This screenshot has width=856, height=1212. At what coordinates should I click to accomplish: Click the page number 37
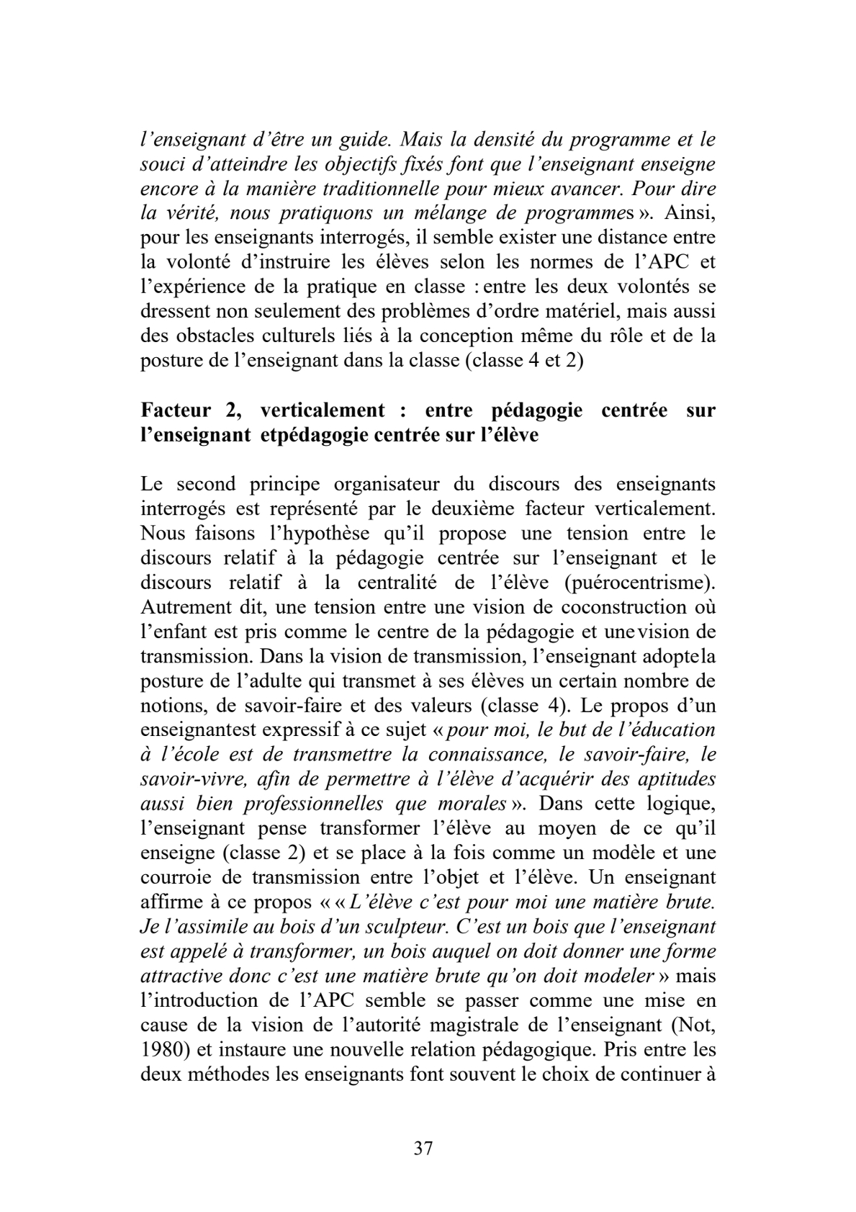click(423, 1149)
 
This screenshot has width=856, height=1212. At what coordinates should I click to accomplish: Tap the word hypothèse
click(290, 534)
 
